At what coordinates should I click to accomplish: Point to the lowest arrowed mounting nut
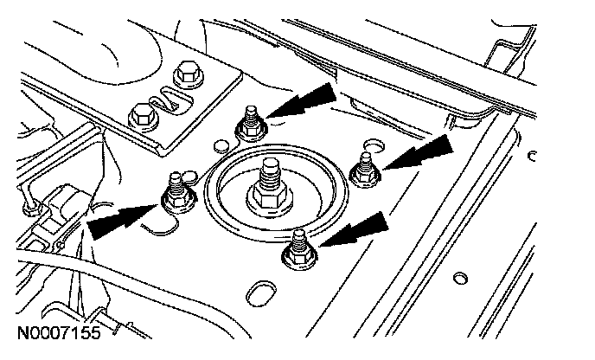[x=298, y=252]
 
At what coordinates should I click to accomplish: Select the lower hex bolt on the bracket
[x=140, y=112]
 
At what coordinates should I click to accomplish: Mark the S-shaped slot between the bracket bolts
[x=164, y=95]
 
